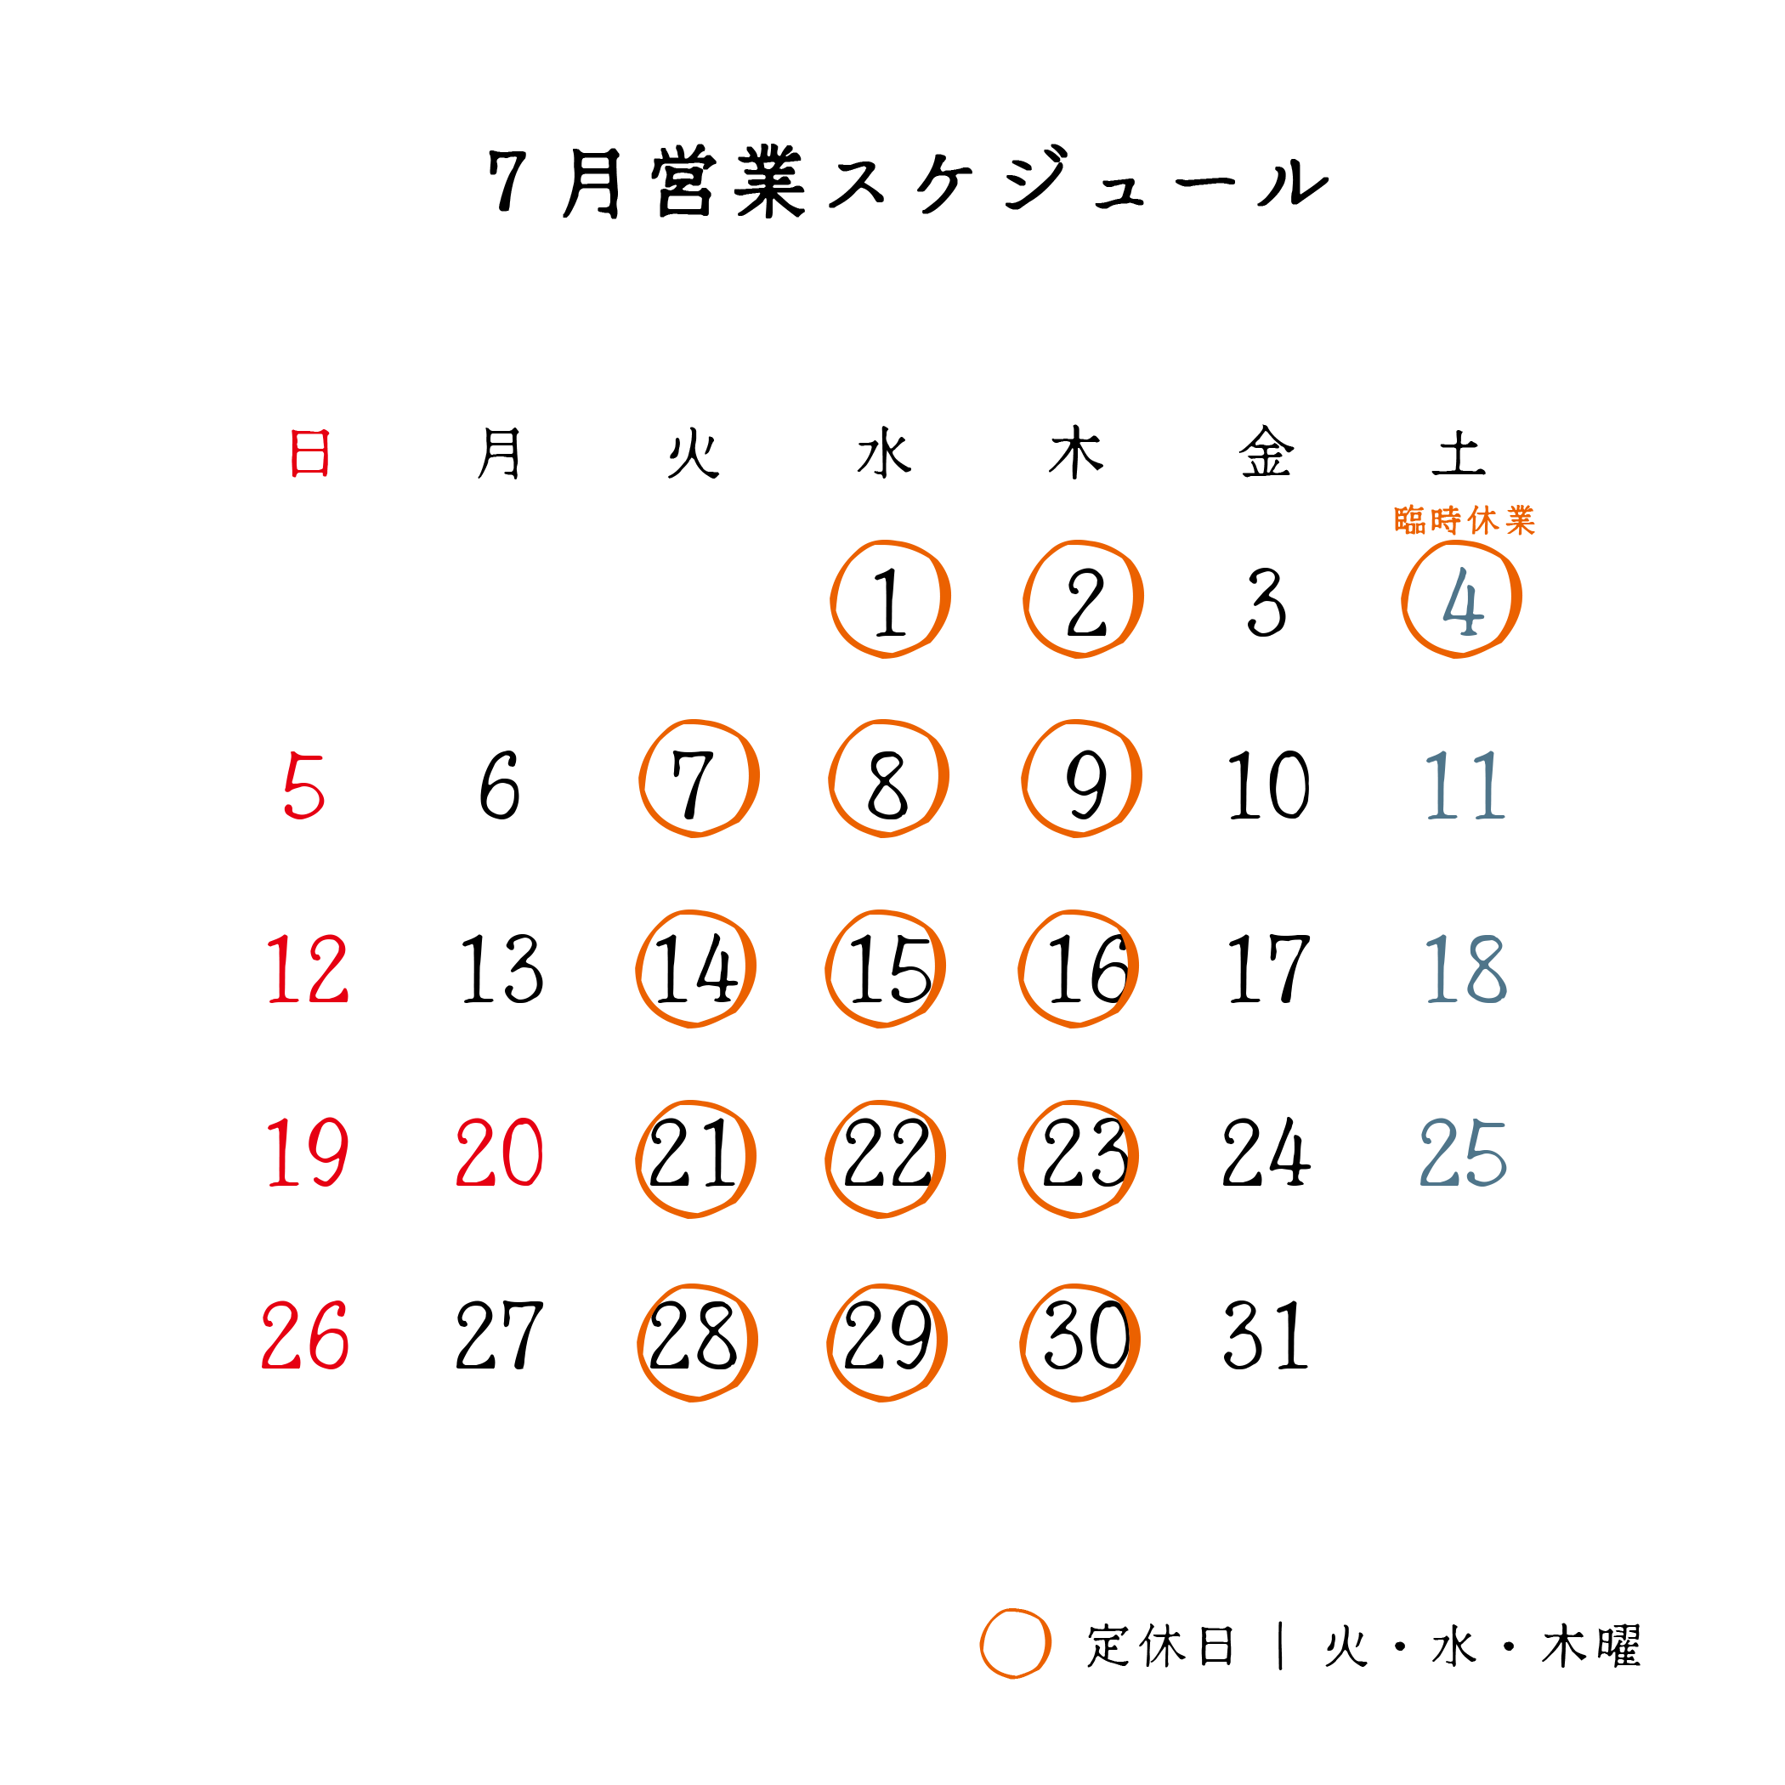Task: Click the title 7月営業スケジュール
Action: click(908, 181)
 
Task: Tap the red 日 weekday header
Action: click(309, 453)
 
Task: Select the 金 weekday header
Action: click(1266, 453)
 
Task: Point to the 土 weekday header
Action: click(1458, 454)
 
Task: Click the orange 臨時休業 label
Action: click(1465, 520)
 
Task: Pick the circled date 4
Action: click(1463, 599)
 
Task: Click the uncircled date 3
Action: click(1266, 602)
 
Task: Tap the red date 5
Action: click(304, 785)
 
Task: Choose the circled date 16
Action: click(1078, 969)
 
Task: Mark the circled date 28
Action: click(698, 1342)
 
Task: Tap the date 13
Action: click(501, 968)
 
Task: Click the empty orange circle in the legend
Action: click(1016, 1644)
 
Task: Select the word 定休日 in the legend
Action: click(1160, 1646)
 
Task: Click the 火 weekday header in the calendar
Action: click(693, 453)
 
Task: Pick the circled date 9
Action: click(1082, 779)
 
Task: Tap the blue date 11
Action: click(1465, 785)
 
